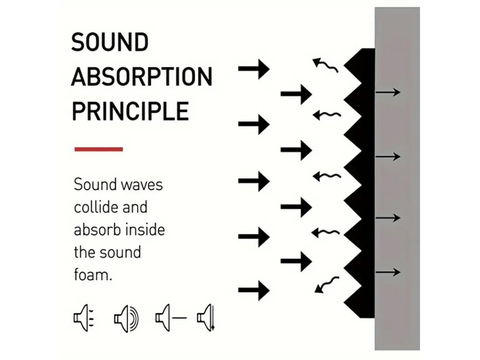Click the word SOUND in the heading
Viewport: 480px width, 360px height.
pos(110,43)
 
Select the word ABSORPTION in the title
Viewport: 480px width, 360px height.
pos(142,77)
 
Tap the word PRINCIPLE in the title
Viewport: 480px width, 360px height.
pos(130,111)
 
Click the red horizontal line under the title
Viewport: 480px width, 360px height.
pos(98,149)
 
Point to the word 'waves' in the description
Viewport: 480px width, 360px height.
pos(142,185)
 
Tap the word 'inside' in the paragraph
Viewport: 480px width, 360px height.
pos(146,230)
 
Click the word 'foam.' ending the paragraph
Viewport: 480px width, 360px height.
pos(93,275)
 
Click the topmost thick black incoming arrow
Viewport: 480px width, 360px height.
pos(254,69)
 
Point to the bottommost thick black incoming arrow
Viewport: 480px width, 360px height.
pos(254,289)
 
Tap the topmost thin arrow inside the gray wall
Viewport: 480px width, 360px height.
pos(388,92)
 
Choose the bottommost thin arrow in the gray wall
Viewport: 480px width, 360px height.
pos(388,272)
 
